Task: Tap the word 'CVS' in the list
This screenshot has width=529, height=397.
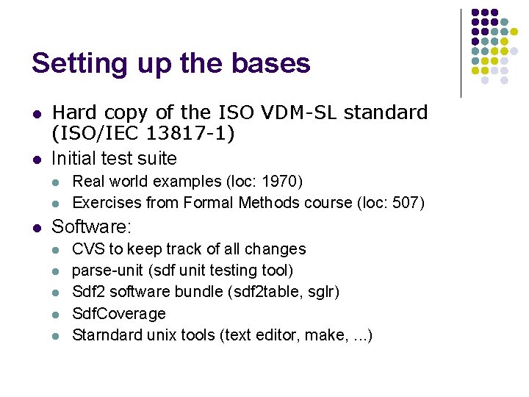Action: point(88,249)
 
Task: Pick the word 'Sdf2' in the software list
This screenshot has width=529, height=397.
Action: point(88,292)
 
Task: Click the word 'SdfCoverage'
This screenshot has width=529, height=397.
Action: point(119,313)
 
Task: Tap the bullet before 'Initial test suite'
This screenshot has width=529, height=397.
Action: point(35,159)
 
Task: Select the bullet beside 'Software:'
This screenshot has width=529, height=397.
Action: point(35,227)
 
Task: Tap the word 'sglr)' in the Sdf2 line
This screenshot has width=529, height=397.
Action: point(324,292)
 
